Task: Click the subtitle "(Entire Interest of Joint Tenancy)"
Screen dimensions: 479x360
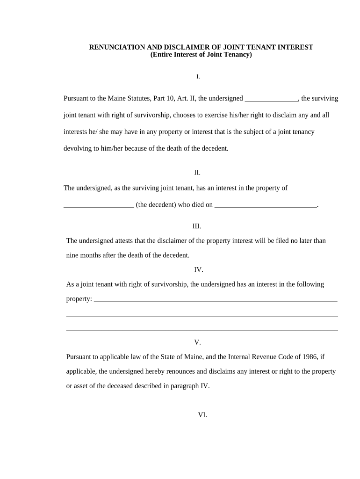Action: tap(201, 55)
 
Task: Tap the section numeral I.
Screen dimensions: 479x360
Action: tap(198, 76)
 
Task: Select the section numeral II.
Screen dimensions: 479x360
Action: tap(197, 173)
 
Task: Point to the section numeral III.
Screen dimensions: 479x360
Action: tap(197, 226)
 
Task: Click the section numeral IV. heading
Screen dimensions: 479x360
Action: tap(199, 270)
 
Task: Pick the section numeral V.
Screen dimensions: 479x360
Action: tap(198, 342)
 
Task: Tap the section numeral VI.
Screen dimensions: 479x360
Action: tap(202, 415)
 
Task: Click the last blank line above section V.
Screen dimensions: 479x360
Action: tap(202, 330)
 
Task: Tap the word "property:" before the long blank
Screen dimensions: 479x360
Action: tap(79, 299)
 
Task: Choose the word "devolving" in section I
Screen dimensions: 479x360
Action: tap(77, 149)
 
